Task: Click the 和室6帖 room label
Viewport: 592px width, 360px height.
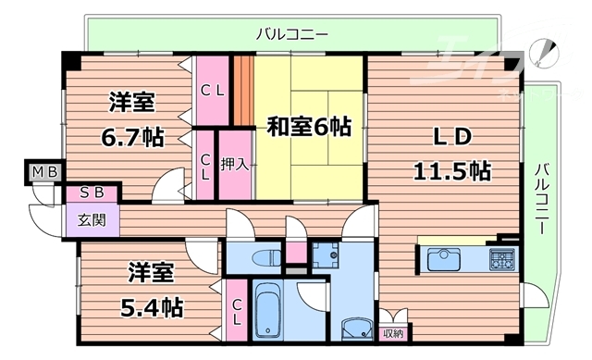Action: coord(309,126)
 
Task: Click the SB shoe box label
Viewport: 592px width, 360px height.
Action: coord(91,192)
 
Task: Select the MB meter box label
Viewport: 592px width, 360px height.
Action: coord(43,171)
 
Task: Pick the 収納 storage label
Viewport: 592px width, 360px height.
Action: coord(393,332)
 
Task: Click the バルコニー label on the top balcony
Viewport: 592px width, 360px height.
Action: coord(291,34)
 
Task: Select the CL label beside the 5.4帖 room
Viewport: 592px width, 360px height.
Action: coord(237,312)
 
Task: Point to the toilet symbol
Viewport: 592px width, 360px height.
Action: coord(269,254)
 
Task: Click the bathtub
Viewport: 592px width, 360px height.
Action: coord(268,312)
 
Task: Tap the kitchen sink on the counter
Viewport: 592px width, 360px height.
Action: coord(441,257)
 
